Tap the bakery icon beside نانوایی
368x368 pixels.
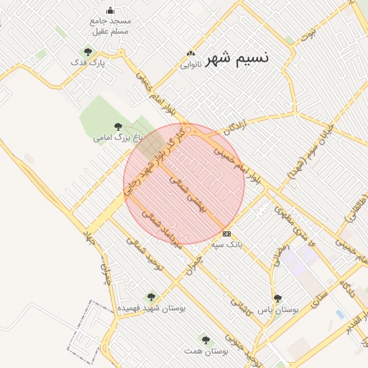click(x=190, y=52)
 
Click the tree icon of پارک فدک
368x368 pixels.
click(x=88, y=52)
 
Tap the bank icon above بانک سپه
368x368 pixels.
click(x=227, y=234)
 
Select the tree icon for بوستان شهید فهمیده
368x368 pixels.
click(x=151, y=296)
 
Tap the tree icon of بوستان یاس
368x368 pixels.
click(x=277, y=298)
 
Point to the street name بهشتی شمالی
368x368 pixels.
click(x=187, y=192)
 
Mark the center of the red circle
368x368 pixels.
click(x=184, y=184)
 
